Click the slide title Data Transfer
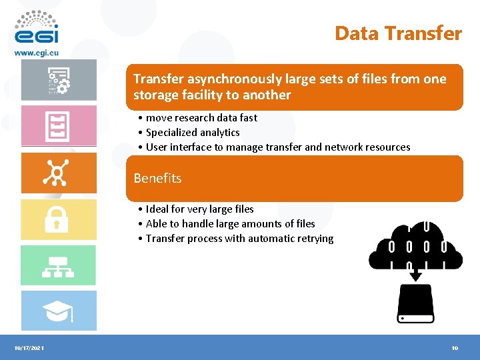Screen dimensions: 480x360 [x=398, y=33]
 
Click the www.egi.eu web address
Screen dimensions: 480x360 [x=37, y=52]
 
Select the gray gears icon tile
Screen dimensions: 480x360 [x=58, y=81]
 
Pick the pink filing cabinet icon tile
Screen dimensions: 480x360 [x=58, y=126]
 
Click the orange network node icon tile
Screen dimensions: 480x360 [x=58, y=173]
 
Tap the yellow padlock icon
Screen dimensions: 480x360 [x=56, y=219]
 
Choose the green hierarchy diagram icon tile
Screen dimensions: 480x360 [x=58, y=265]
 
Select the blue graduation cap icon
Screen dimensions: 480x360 [x=58, y=311]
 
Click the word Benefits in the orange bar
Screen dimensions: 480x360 [x=157, y=178]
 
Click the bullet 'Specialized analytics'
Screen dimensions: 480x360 [x=193, y=133]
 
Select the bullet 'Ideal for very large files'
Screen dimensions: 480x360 [x=199, y=209]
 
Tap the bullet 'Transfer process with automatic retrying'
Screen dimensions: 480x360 [x=239, y=239]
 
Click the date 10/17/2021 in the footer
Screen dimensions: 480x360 [x=29, y=348]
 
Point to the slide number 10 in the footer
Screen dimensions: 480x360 [x=455, y=348]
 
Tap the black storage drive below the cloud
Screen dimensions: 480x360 [x=415, y=303]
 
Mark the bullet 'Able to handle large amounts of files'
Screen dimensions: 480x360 [x=230, y=224]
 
